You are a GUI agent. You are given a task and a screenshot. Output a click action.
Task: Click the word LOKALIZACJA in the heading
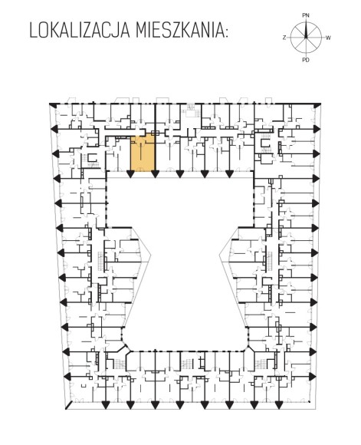click(x=80, y=30)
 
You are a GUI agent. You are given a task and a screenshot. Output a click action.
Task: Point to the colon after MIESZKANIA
click(x=226, y=33)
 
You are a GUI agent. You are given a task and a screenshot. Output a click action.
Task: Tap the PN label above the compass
click(x=306, y=15)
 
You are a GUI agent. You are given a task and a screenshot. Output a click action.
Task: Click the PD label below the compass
click(x=306, y=60)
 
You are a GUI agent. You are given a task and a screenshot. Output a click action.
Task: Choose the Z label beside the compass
click(x=284, y=38)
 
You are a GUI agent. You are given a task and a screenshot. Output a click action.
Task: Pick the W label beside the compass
click(x=328, y=38)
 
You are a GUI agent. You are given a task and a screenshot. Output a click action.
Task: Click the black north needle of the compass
click(x=306, y=29)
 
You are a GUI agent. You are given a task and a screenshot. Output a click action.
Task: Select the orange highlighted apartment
click(x=143, y=153)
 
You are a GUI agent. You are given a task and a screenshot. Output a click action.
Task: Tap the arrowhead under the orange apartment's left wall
click(x=130, y=173)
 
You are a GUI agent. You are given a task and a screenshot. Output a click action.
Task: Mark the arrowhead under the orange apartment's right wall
click(x=155, y=173)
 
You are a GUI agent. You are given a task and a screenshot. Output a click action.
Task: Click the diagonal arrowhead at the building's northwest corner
click(x=52, y=105)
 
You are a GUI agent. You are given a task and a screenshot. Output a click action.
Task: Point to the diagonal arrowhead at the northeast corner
click(x=317, y=105)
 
